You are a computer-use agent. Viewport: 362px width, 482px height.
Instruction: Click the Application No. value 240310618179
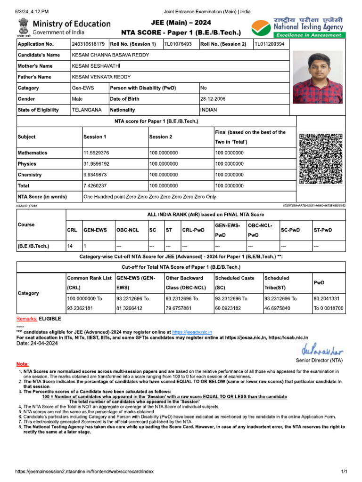88,44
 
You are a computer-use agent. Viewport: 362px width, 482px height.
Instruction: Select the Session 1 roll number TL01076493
178,44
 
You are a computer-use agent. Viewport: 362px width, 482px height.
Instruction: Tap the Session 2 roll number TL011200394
270,44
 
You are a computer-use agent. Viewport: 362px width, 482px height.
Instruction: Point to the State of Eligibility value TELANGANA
87,110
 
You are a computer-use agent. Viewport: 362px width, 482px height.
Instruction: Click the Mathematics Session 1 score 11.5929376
97,153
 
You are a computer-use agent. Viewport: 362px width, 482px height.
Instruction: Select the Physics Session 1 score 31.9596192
97,164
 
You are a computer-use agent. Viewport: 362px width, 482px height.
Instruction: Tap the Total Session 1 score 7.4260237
95,186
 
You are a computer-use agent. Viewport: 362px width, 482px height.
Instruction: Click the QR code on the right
321,159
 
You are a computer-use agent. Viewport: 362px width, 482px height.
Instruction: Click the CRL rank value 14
70,246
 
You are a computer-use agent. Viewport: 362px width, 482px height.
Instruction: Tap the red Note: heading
22,364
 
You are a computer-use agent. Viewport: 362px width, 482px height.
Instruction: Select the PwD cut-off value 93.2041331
329,298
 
